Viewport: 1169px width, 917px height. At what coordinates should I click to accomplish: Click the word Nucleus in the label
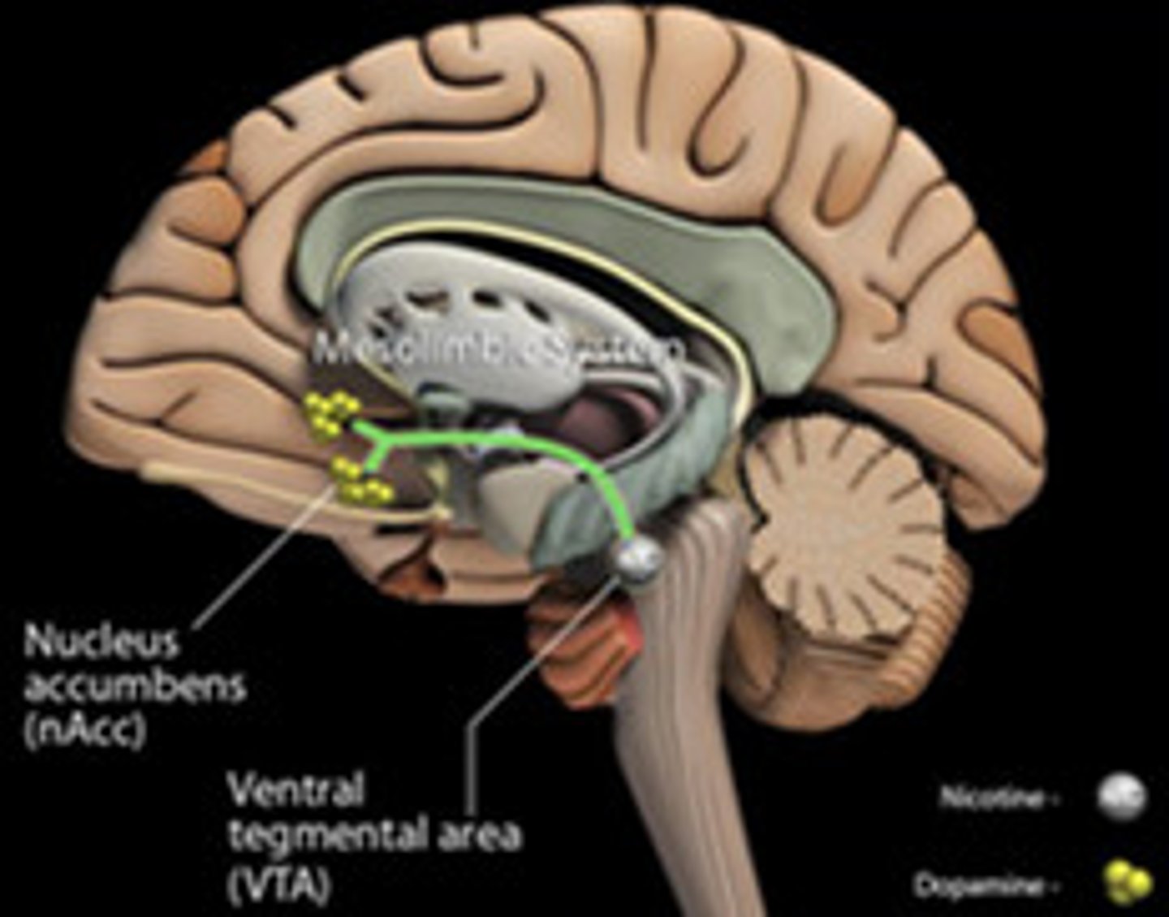pyautogui.click(x=101, y=642)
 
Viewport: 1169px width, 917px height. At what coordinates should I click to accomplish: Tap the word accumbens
pyautogui.click(x=135, y=686)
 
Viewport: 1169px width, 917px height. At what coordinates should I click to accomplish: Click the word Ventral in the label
pyautogui.click(x=295, y=789)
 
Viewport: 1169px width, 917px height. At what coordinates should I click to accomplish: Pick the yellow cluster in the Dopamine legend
pyautogui.click(x=1129, y=883)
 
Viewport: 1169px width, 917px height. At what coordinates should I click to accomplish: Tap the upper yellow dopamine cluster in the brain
pyautogui.click(x=331, y=413)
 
